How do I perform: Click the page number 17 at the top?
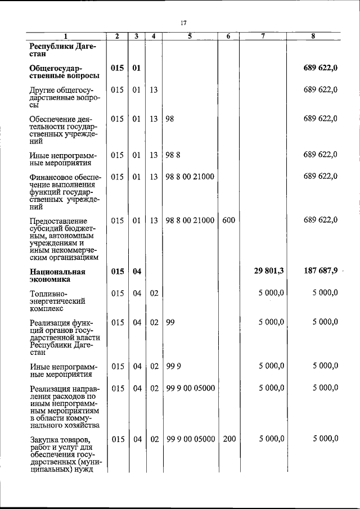(x=183, y=23)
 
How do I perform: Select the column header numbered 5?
(x=190, y=37)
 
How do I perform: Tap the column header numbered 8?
(x=313, y=37)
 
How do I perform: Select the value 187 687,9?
(x=321, y=271)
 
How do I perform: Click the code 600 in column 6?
(x=228, y=221)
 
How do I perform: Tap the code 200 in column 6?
(x=229, y=439)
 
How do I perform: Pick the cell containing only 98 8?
(x=173, y=155)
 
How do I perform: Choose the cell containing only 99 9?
(x=173, y=366)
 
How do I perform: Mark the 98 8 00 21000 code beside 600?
(x=190, y=221)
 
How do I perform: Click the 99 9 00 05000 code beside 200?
(x=191, y=439)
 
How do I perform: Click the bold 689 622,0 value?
(x=321, y=69)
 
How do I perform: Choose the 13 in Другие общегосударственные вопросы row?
(x=153, y=89)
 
